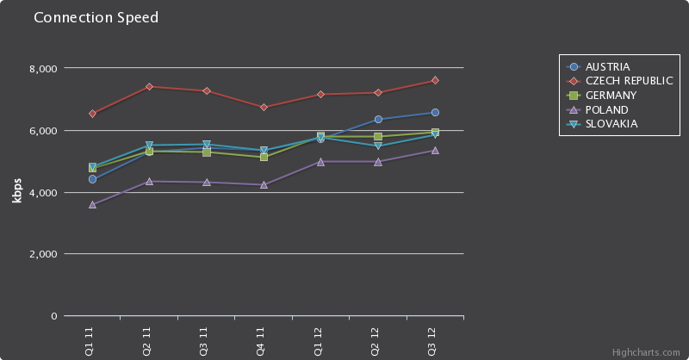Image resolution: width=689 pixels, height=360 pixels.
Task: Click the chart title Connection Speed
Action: point(96,18)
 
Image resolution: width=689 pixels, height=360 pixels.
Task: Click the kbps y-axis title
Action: point(17,192)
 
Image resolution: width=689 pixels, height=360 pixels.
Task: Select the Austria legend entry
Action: point(607,66)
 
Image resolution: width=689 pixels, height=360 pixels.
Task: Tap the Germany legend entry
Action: point(611,95)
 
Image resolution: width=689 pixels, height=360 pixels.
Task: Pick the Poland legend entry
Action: point(606,109)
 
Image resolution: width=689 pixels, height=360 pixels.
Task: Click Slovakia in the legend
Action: point(611,124)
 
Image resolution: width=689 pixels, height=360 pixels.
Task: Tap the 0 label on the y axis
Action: point(53,317)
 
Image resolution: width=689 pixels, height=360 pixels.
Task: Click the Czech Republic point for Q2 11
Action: point(149,86)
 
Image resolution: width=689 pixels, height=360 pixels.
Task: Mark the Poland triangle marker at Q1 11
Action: point(92,205)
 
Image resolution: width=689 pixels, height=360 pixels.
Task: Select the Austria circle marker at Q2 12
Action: point(378,119)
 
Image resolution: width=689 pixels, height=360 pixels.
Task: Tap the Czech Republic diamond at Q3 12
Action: point(435,80)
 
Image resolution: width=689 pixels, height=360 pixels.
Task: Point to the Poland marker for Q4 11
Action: point(264,184)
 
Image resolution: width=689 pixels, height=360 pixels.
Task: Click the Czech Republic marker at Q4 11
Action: point(264,107)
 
